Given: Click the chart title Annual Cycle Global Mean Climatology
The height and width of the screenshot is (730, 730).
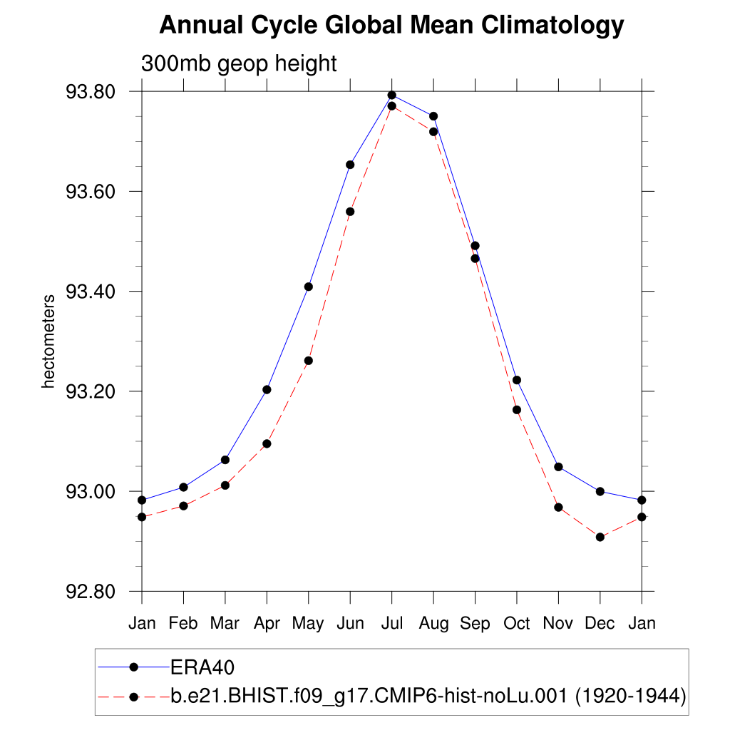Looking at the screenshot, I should point(391,26).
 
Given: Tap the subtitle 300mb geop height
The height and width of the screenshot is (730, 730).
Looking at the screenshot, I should point(239,63).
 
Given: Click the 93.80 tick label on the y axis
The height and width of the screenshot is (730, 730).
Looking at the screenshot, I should point(89,92).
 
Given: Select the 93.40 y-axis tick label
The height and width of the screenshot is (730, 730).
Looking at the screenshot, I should point(89,292).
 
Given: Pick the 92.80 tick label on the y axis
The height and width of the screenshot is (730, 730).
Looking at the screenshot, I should point(89,592).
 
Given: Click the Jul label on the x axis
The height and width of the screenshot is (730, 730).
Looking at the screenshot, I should point(391,624).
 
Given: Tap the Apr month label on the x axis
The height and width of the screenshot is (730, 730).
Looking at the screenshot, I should point(267,624).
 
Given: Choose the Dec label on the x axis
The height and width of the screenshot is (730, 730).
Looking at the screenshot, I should point(600,624).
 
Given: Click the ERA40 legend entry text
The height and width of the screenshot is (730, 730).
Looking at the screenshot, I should point(202,667).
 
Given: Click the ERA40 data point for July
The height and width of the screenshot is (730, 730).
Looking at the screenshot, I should point(391,95).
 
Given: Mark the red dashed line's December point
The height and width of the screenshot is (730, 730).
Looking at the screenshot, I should point(600,537).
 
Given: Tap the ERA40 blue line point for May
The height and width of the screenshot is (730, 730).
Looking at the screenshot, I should point(309,287).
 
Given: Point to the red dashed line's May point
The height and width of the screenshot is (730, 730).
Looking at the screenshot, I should point(309,361).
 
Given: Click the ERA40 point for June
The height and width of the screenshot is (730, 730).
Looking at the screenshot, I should point(350,165).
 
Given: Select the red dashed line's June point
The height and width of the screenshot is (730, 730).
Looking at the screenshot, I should point(350,212).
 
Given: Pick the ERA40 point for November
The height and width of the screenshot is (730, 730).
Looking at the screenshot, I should point(558,467).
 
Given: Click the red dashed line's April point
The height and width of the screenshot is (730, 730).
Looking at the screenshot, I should point(267,443).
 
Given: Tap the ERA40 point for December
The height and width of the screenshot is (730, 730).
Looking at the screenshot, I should point(600,491).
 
